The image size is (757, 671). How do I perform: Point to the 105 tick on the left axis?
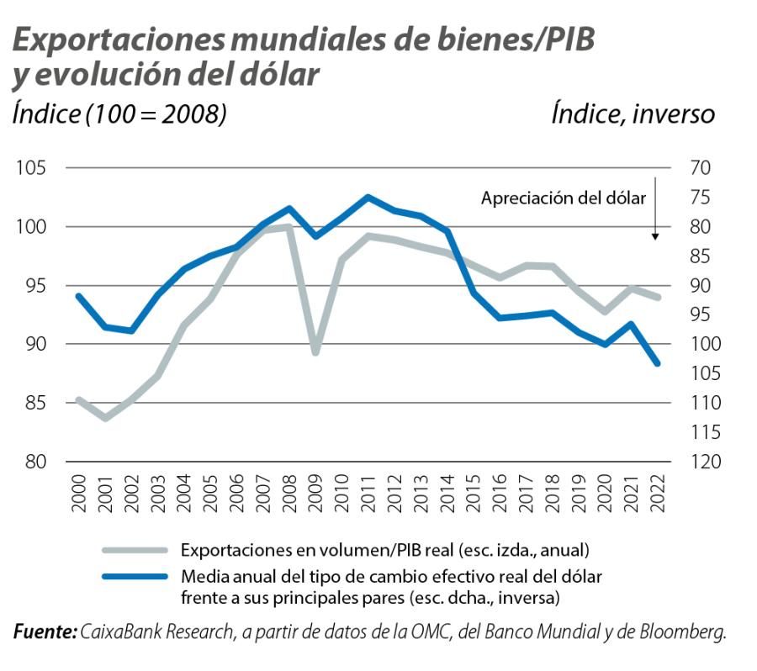[x=31, y=168]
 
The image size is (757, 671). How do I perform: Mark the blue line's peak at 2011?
[x=368, y=198]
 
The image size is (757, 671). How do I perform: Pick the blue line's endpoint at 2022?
[x=658, y=363]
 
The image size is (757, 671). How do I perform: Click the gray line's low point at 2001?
[x=105, y=417]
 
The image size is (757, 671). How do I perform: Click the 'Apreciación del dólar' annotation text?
[x=563, y=198]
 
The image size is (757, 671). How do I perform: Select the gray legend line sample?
[x=135, y=552]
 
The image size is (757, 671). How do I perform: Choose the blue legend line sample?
[x=135, y=578]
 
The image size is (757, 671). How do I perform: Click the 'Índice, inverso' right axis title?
[x=633, y=114]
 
